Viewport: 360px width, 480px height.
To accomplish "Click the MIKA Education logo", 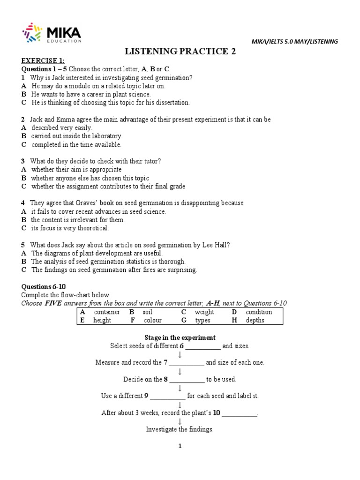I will [52, 34].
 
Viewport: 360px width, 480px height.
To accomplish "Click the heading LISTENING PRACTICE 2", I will [180, 52].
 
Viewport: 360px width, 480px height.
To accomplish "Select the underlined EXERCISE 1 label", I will [43, 61].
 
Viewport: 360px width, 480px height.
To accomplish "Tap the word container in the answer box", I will [107, 312].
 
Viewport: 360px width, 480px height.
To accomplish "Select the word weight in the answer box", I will [204, 312].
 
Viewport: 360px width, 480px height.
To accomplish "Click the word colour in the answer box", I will [152, 321].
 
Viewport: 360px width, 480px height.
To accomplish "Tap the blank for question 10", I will [239, 414].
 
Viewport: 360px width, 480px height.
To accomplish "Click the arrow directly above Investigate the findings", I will [180, 421].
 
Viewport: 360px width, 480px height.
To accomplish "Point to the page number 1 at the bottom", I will [180, 446].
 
